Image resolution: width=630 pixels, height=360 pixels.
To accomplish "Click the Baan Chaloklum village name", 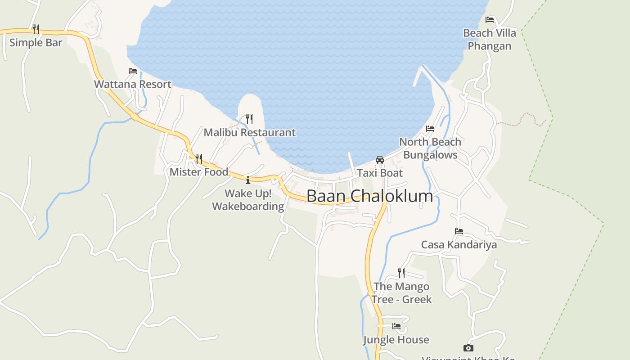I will tap(369, 196).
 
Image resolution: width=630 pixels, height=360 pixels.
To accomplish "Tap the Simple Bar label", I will tap(36, 43).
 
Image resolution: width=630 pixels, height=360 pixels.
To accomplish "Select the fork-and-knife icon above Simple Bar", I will tap(36, 29).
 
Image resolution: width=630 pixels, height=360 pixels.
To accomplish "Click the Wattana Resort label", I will tap(132, 84).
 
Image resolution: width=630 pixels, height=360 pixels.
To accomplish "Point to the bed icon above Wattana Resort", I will tap(132, 71).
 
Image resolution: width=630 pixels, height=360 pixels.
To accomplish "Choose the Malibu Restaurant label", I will tap(249, 132).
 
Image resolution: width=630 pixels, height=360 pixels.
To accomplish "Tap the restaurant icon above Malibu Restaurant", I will tap(249, 119).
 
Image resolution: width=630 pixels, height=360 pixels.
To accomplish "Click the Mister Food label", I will tap(199, 172).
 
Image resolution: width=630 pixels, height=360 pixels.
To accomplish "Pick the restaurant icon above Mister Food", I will tap(198, 158).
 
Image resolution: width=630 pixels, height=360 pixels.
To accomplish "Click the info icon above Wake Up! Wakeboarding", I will tap(247, 180).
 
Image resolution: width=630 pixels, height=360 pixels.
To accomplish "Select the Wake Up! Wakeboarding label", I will tap(248, 200).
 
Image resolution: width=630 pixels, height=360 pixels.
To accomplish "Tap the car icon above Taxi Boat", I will tap(380, 160).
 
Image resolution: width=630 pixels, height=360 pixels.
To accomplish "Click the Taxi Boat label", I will tap(380, 173).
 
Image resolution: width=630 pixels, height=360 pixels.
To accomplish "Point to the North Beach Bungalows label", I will tap(430, 148).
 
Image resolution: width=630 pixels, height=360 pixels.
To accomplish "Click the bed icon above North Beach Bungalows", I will tap(430, 129).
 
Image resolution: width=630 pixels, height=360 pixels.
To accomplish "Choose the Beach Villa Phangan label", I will tap(490, 40).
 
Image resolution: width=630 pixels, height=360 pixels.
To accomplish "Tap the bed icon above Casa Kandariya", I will tap(459, 231).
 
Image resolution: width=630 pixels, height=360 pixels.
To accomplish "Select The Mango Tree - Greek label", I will tap(401, 292).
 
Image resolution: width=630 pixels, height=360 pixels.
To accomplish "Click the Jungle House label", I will tap(396, 340).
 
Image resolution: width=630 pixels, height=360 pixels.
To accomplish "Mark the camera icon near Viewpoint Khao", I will tap(468, 348).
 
